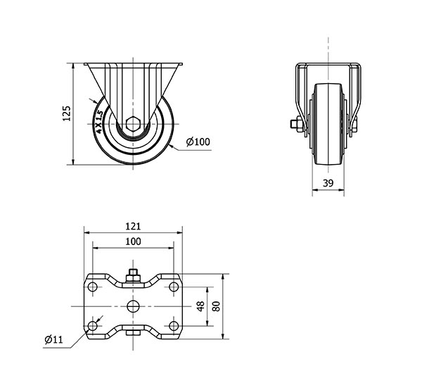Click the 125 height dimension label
(67, 113)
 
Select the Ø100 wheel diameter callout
(198, 142)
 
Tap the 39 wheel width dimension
(328, 183)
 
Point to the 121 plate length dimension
(133, 226)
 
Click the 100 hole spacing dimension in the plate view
(133, 241)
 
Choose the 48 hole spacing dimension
(200, 306)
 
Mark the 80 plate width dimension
(216, 306)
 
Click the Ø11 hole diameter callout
(53, 339)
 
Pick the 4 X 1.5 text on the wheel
(99, 122)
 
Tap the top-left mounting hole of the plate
(93, 287)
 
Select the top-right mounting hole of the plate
(174, 287)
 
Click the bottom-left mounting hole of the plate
(93, 326)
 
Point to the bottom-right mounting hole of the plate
(174, 326)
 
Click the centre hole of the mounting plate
(133, 306)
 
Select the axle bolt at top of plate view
(133, 275)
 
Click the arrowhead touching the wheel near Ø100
(172, 146)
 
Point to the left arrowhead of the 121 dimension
(87, 233)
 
